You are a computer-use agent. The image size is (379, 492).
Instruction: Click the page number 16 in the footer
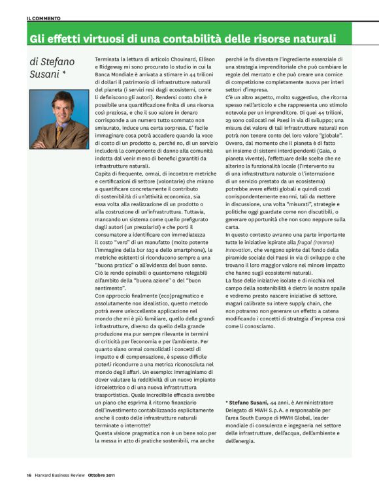tap(29, 474)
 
